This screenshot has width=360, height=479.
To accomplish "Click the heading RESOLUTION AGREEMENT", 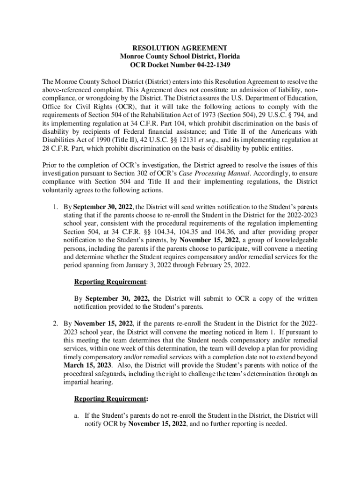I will (x=180, y=48).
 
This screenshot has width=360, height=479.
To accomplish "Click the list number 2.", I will (x=55, y=323).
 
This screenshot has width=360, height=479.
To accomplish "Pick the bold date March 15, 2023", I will (x=86, y=365).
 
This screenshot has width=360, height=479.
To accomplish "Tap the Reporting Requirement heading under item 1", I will (x=110, y=282).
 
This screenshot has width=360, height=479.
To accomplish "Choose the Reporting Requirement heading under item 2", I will (x=110, y=399).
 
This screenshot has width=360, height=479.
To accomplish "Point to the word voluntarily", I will (x=58, y=190).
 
